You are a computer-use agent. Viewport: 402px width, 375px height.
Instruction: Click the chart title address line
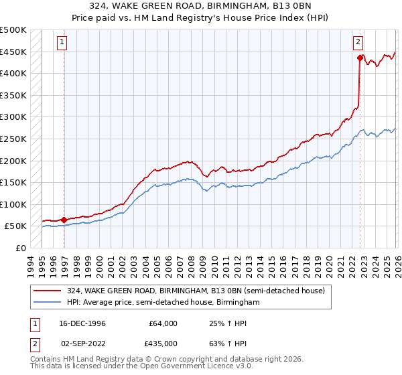200,7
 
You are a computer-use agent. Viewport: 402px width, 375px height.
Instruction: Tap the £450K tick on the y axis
13,52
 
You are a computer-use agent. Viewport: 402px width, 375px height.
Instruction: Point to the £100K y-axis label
13,204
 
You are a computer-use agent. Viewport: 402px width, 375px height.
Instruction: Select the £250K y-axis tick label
13,139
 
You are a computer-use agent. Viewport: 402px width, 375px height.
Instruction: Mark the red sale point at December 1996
64,219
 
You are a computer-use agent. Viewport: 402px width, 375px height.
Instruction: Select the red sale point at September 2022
360,58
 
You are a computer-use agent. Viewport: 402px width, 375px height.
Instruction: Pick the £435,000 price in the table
163,343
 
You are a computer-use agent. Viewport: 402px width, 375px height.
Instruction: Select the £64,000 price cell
163,323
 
